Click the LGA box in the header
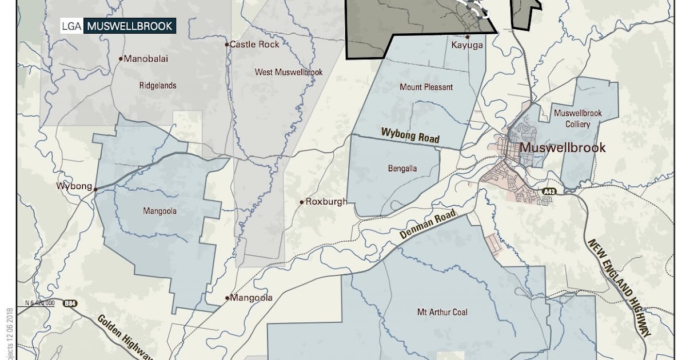[x=72, y=26]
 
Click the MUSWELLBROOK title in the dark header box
[x=129, y=26]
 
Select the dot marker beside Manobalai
[x=121, y=58]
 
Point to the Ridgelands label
[x=158, y=86]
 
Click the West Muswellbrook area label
[x=289, y=72]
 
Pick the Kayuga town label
[x=467, y=45]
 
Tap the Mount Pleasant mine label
[x=426, y=87]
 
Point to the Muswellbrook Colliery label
[x=578, y=118]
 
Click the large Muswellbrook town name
[x=562, y=148]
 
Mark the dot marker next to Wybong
[x=95, y=189]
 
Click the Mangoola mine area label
[x=159, y=211]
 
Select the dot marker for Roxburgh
[x=302, y=202]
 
